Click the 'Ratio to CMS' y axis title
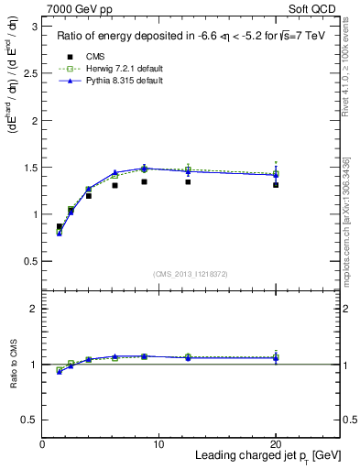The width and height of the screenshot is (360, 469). (13, 364)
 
